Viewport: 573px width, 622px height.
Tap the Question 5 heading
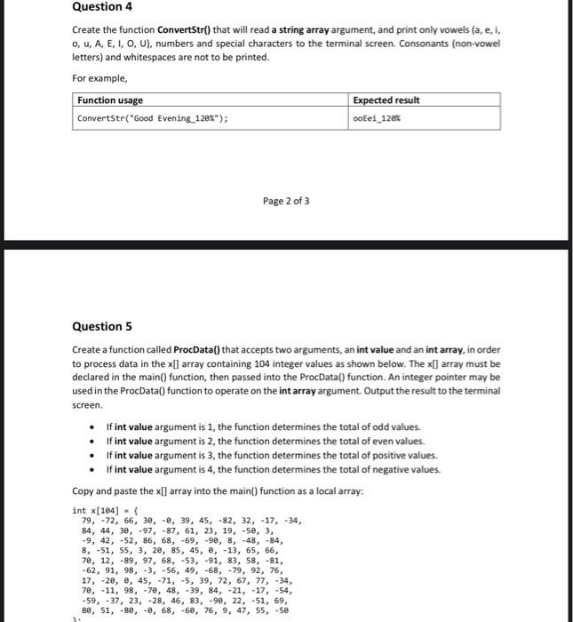[x=105, y=326]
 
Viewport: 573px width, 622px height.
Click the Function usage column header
[x=110, y=100]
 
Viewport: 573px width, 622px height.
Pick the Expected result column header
[x=386, y=100]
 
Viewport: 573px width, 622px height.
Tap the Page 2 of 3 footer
[x=286, y=201]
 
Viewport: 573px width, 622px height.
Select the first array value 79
[x=87, y=521]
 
